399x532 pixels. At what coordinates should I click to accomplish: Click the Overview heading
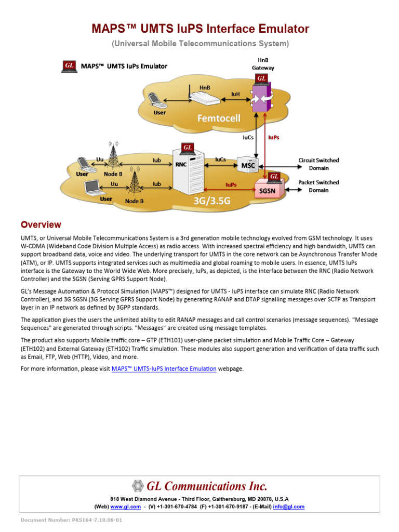pos(41,225)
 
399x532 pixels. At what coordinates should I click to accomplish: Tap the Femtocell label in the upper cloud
pos(218,118)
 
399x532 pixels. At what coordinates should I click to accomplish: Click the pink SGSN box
pos(268,191)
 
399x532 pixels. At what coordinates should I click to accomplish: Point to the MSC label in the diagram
pos(248,166)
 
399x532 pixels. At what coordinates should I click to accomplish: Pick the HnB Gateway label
pos(263,64)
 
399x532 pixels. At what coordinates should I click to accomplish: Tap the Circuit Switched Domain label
pos(318,164)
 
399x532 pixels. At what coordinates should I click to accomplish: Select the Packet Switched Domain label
pos(318,186)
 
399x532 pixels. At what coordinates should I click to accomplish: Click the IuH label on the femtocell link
pos(235,95)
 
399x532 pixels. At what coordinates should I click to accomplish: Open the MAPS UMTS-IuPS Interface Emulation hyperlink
pos(164,369)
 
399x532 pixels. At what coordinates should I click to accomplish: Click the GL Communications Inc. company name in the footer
pos(207,486)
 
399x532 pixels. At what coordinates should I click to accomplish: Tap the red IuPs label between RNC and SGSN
pos(231,184)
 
